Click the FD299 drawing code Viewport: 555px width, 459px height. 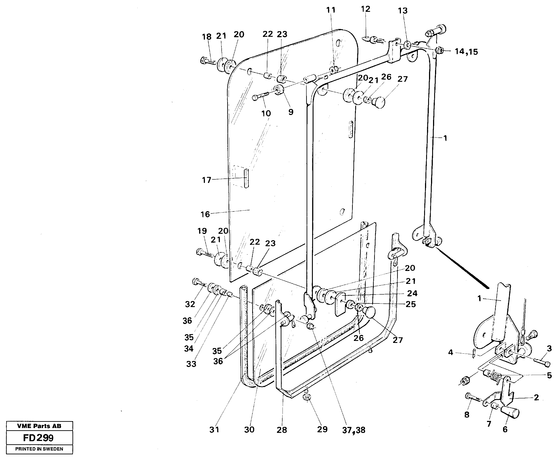(38, 438)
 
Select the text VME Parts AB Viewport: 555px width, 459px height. (39, 426)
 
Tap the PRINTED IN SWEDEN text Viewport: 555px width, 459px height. (39, 449)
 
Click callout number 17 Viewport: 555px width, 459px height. (206, 180)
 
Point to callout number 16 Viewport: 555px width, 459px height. (205, 214)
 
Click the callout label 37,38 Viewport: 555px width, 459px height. (353, 430)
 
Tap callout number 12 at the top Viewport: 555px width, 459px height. (365, 9)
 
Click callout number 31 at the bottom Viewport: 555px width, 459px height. (214, 430)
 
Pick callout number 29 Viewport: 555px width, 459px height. (322, 429)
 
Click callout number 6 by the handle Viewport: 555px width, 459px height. (505, 429)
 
